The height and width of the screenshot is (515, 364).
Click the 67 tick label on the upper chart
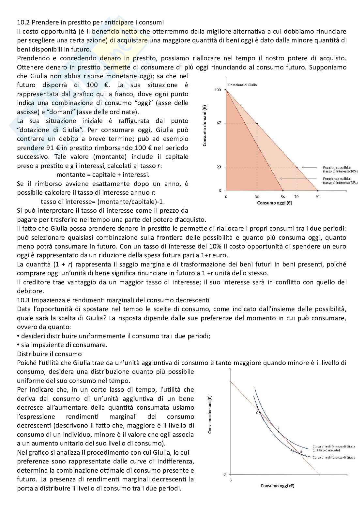219,123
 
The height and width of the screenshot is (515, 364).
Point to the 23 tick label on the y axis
219,167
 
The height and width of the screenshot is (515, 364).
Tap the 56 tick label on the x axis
282,197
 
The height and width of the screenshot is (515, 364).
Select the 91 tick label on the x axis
318,197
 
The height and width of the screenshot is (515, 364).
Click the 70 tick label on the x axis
296,197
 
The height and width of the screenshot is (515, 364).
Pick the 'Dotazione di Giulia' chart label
242,85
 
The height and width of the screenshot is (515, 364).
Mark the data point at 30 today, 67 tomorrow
257,123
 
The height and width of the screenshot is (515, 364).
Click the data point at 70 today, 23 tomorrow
297,167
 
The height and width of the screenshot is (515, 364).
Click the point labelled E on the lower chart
299,453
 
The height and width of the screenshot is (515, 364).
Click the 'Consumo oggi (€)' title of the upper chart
274,203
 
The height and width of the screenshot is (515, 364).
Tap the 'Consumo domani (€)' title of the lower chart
210,414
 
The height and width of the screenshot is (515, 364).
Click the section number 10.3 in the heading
22,300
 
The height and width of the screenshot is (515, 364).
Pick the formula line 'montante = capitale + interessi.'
103,174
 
